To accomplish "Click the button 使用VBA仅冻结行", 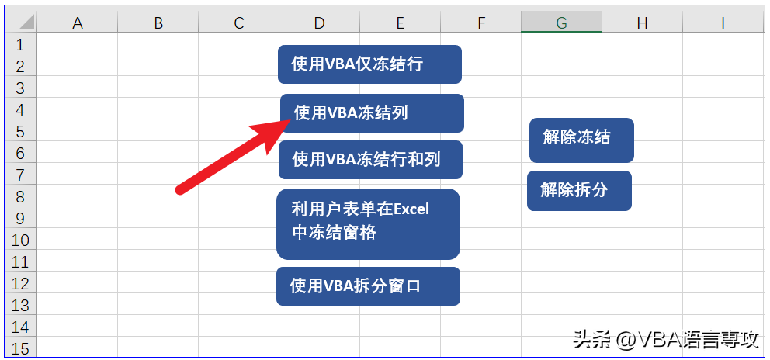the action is tap(369, 64).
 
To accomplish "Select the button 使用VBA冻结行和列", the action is tap(370, 160).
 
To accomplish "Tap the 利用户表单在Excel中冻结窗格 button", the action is tap(368, 224).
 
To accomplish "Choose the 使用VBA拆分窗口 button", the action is tap(368, 286).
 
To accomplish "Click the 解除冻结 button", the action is tap(581, 140).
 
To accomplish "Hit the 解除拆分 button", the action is tap(580, 191).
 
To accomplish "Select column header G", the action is tap(562, 22).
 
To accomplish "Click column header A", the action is tap(78, 22).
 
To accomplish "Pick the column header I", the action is tap(723, 22).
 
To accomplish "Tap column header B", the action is tap(158, 22).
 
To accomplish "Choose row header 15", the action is tap(20, 348).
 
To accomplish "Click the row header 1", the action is tap(20, 44).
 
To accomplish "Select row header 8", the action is tap(20, 196).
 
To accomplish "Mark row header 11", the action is tap(20, 261).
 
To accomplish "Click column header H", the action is tap(643, 22).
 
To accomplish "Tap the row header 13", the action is tap(20, 304).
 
